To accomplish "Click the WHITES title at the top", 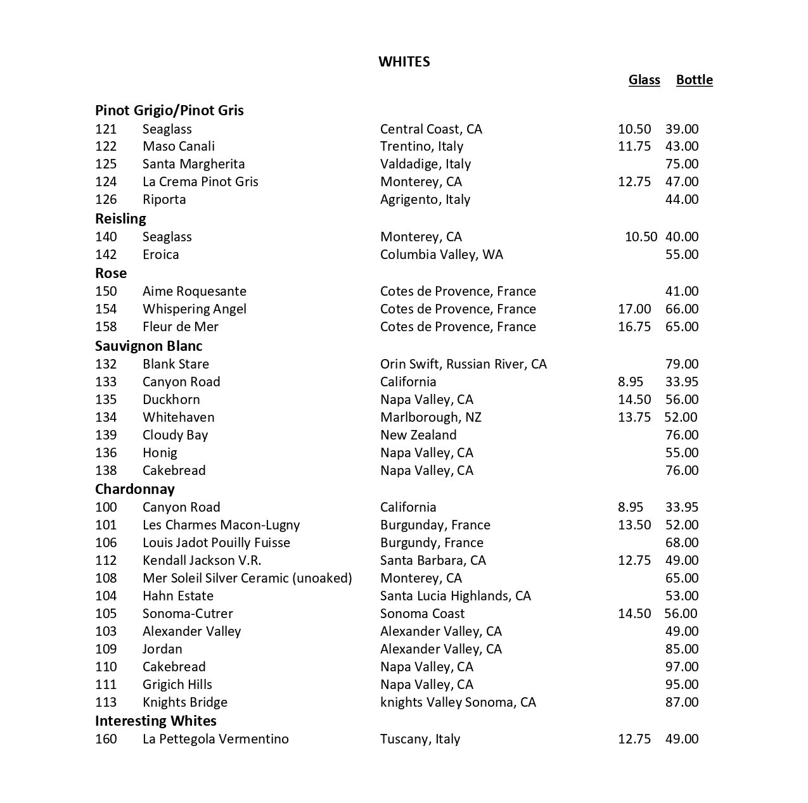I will (404, 61).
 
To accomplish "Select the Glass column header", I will (644, 80).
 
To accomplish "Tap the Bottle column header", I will (694, 80).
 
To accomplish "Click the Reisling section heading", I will (120, 218).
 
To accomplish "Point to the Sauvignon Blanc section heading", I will (148, 346).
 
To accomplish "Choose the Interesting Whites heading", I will (155, 721).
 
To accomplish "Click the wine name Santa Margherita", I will (193, 164).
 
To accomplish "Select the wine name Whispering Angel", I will (194, 309).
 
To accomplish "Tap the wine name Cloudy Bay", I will (175, 435).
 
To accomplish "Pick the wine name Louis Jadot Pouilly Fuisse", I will (216, 543).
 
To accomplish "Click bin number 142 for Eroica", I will (106, 255).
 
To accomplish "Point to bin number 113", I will (106, 702).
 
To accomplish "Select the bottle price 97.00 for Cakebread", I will (682, 667).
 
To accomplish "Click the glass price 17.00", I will (634, 309).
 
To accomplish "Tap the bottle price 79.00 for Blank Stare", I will (682, 364).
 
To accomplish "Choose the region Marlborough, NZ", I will (430, 417).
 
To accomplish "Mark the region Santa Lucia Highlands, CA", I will (455, 596).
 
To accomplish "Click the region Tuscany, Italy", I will (420, 739).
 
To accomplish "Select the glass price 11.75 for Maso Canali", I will (634, 146).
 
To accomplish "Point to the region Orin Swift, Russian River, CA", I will (463, 364).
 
